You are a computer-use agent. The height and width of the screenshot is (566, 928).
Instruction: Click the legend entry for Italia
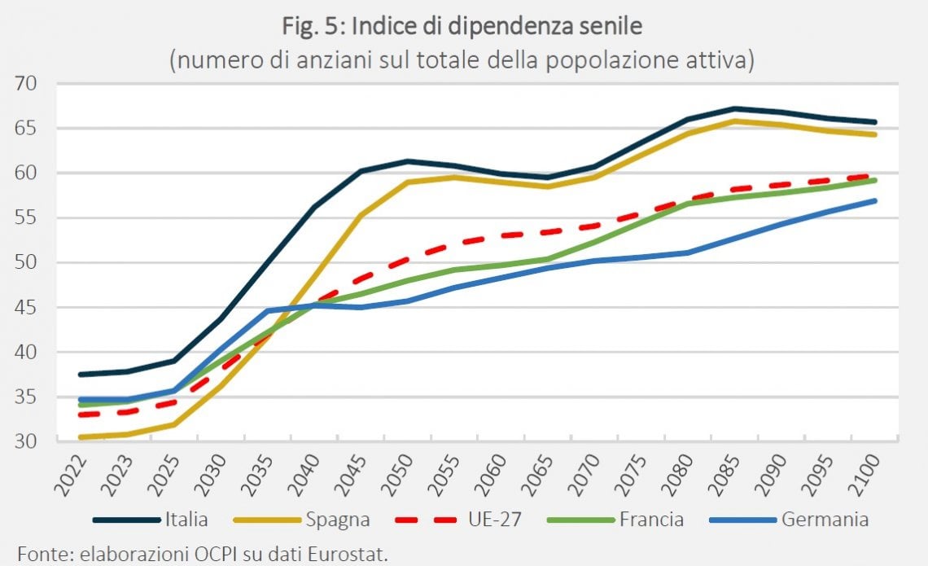point(151,520)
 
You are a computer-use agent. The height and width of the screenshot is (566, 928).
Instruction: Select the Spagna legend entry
point(302,520)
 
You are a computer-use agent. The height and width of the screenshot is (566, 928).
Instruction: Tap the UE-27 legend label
point(495,520)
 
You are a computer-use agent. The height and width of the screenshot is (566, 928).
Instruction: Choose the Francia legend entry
point(615,520)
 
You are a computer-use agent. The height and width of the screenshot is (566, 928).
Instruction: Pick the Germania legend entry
point(788,520)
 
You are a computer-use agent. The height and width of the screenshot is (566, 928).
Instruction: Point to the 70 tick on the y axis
point(25,84)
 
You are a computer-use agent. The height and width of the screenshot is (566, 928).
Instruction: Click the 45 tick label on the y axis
point(25,307)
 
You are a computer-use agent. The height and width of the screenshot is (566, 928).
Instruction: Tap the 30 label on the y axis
point(25,441)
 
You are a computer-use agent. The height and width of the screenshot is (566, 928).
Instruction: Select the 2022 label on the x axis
point(71,475)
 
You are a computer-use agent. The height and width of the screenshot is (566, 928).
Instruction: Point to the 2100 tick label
point(865,475)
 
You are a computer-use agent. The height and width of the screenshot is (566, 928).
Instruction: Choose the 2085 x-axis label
point(724,475)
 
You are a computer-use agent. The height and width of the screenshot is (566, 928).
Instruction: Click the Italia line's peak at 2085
point(734,108)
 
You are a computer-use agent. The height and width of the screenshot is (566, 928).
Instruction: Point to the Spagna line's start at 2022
point(80,437)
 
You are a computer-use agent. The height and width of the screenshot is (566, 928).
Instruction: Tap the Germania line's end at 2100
point(874,201)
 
